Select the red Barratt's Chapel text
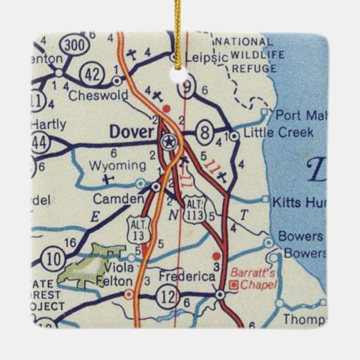[x=253, y=278]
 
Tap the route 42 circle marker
[x=93, y=72]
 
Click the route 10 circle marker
[x=53, y=257]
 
